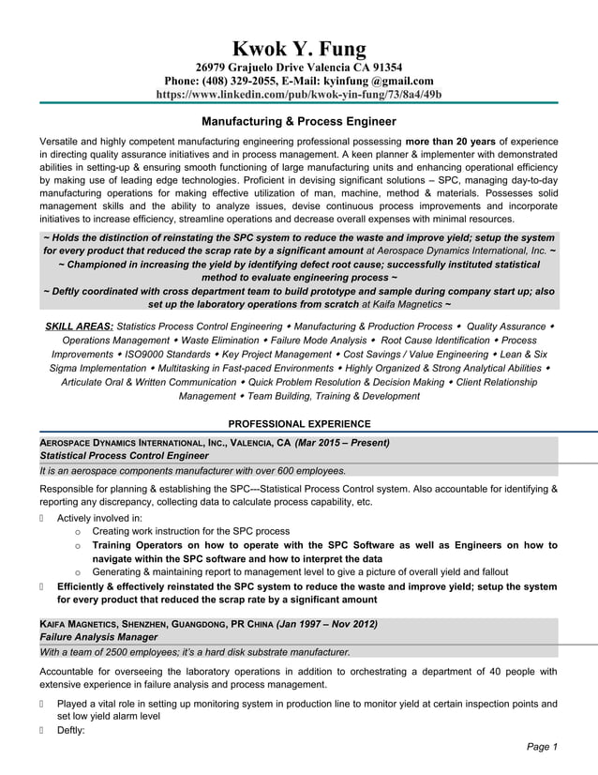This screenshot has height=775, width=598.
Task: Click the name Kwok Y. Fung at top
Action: point(299,49)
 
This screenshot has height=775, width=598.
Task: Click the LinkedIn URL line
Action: point(299,95)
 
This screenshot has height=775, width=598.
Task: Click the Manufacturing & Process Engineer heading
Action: point(299,121)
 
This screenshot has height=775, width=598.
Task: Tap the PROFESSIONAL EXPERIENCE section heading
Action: point(299,424)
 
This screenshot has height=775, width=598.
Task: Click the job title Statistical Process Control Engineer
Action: point(126,455)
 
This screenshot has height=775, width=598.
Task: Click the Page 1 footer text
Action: point(542,747)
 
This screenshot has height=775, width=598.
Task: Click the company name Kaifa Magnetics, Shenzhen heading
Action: point(103,624)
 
